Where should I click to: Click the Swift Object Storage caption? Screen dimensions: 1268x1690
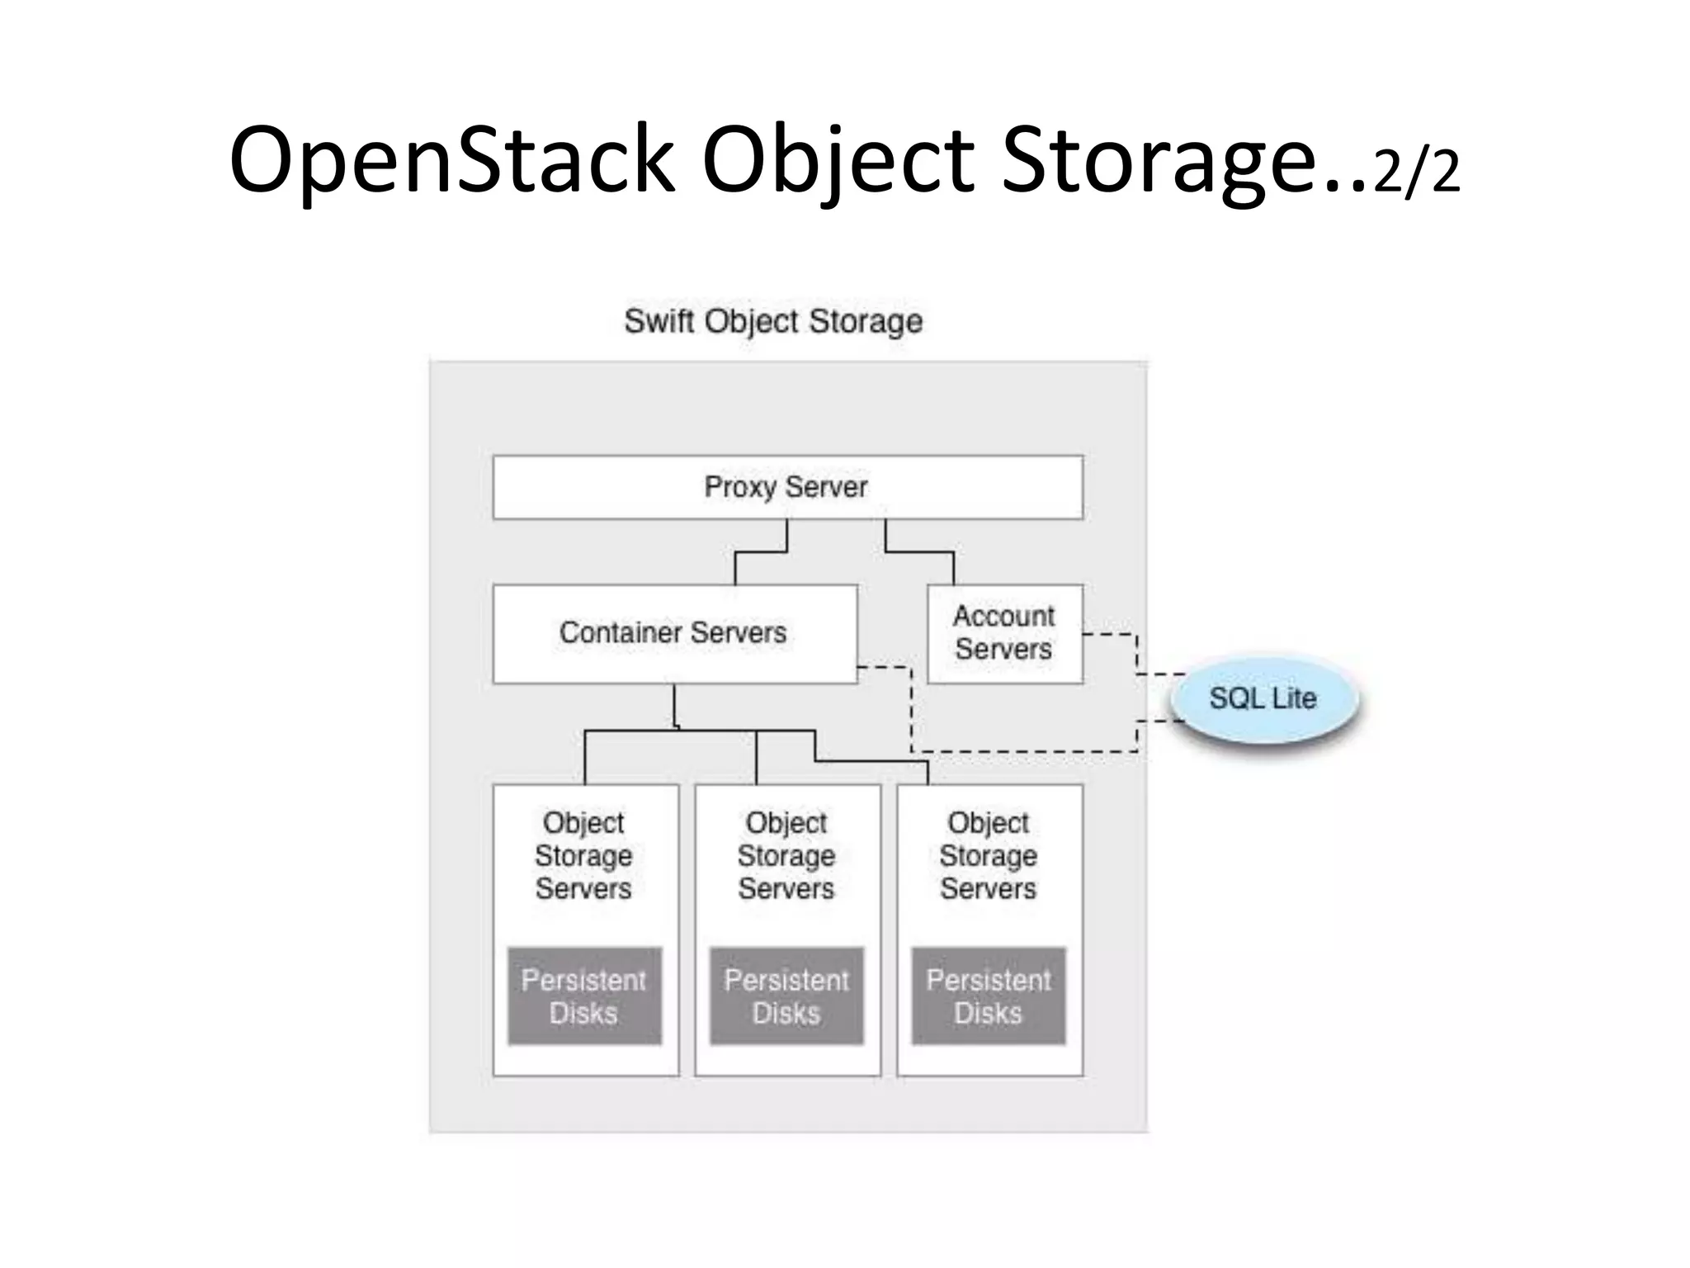[x=773, y=321]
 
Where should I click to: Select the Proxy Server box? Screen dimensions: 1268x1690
[x=787, y=487]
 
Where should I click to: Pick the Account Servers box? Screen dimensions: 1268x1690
[x=1004, y=633]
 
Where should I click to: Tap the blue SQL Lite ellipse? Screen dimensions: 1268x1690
[x=1263, y=698]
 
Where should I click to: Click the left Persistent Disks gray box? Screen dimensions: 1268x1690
[x=584, y=996]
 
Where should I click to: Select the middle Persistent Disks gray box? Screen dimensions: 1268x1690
[x=786, y=996]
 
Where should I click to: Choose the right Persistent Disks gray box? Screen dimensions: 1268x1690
[x=989, y=996]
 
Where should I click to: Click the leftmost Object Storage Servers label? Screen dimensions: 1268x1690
[x=583, y=855]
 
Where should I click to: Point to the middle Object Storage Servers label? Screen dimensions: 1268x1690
[x=786, y=855]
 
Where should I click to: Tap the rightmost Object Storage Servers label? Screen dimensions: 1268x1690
[x=989, y=855]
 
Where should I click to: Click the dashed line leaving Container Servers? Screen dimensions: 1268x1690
[x=912, y=710]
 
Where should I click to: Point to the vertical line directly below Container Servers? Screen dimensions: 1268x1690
[x=674, y=706]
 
